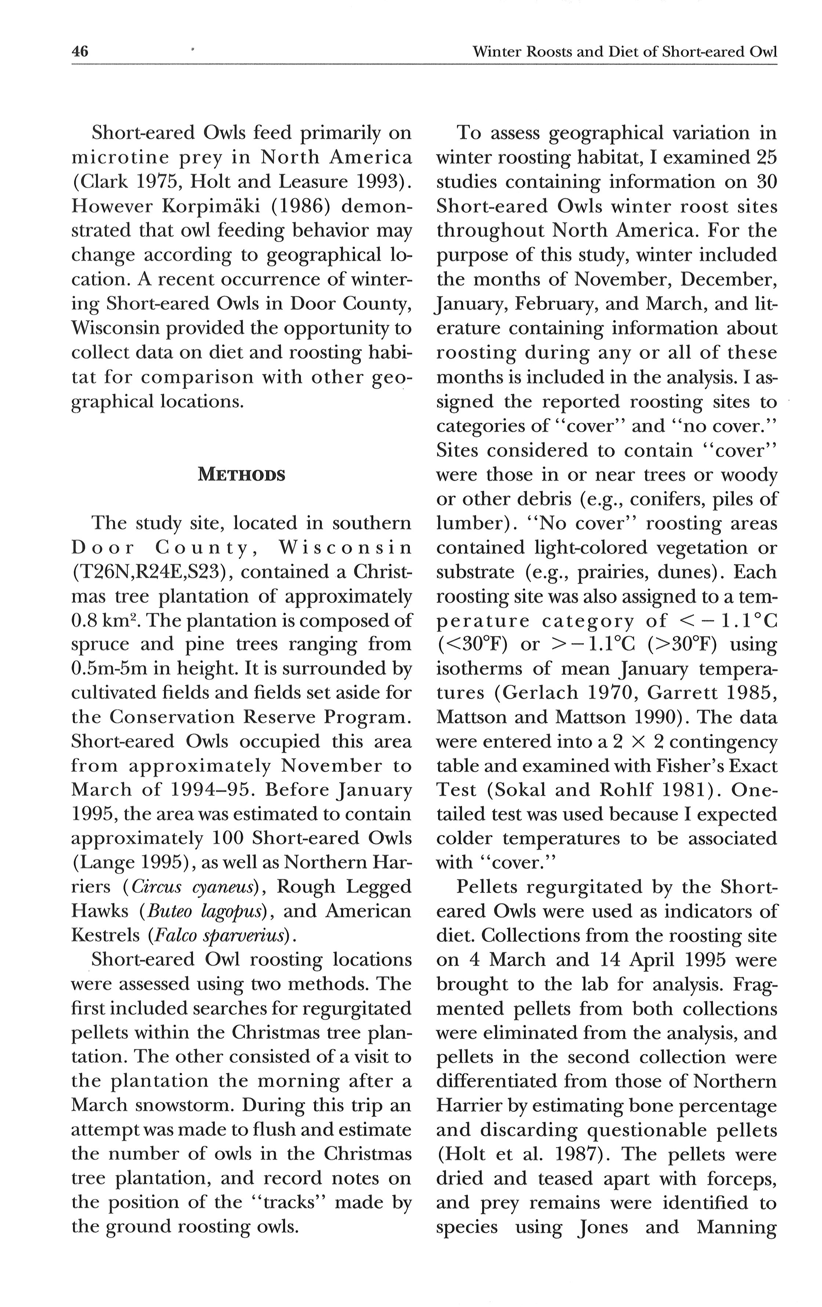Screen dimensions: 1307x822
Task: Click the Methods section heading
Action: point(241,474)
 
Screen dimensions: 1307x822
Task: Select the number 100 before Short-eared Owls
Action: point(226,838)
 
